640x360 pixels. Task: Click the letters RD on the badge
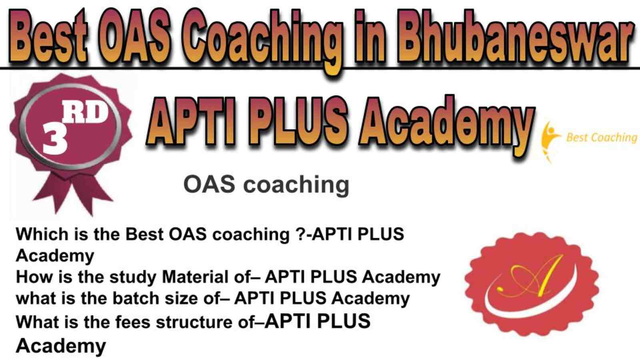pyautogui.click(x=85, y=113)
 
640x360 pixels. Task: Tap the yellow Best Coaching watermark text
pyautogui.click(x=602, y=138)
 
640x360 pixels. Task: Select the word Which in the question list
pyautogui.click(x=42, y=234)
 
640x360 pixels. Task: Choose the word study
pyautogui.click(x=133, y=278)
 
